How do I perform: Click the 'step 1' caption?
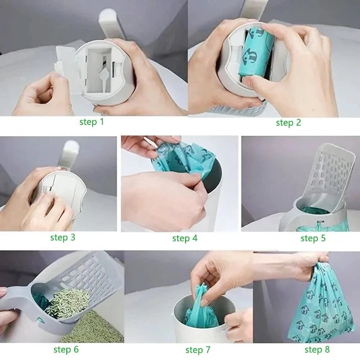pos(91,122)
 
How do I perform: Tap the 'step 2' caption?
pos(288,123)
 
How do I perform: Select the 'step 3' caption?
pos(63,237)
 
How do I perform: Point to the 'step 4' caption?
pos(185,238)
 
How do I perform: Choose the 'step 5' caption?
pos(313,238)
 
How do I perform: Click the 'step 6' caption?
pos(66,350)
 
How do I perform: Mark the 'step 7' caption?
pos(198,350)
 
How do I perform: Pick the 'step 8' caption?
pos(317,350)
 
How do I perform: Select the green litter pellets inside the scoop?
pos(69,300)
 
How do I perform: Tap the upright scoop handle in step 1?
pos(112,24)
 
